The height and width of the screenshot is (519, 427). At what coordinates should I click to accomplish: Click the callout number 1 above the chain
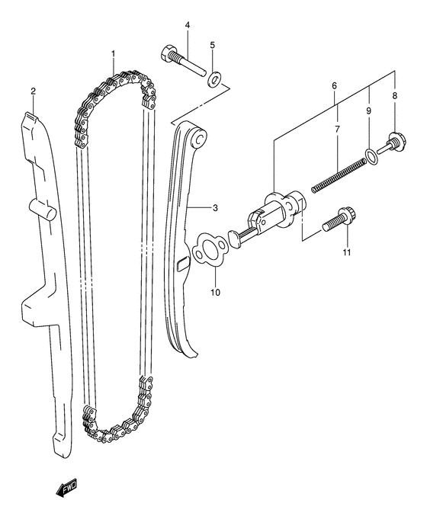pos(113,53)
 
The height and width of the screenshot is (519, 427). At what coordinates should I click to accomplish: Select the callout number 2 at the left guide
pos(33,91)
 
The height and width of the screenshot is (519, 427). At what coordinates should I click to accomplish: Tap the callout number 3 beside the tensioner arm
pos(215,207)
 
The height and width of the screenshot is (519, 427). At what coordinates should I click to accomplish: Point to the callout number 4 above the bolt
pos(187,26)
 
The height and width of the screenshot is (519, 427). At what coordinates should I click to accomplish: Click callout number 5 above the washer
pos(213,45)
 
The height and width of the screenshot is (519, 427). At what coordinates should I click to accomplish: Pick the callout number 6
pos(334,87)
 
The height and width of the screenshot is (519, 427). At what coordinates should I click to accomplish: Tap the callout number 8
pos(395,97)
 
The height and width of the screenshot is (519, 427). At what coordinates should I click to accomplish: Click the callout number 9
pos(368,112)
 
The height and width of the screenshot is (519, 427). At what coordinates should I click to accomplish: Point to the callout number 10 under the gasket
pos(215,291)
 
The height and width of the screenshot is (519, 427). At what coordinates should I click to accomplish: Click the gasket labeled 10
pos(207,248)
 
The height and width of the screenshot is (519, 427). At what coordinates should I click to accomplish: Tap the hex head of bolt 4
pos(169,54)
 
